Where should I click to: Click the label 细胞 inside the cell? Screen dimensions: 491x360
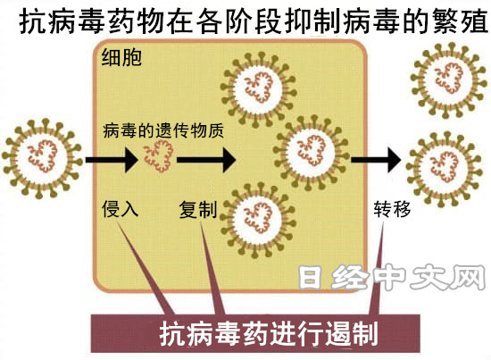tap(121, 57)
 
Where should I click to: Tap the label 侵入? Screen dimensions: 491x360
tap(120, 209)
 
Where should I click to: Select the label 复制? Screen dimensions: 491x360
tap(198, 209)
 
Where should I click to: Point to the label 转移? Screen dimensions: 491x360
tap(392, 209)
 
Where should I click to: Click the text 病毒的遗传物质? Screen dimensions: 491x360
tap(163, 130)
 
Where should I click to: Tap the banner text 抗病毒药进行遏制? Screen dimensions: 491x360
tap(269, 334)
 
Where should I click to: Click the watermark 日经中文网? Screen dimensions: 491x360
tap(392, 277)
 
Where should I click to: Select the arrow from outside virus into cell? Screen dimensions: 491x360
tap(112, 160)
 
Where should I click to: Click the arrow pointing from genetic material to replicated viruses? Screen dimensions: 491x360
tap(206, 160)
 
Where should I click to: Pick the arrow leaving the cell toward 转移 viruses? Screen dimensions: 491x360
tap(376, 160)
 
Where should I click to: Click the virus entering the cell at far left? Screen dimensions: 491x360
tap(43, 159)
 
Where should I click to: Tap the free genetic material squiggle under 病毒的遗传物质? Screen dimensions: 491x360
tap(159, 155)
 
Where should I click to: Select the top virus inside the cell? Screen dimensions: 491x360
tap(259, 90)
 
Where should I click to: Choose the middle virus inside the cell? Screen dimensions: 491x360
tap(312, 153)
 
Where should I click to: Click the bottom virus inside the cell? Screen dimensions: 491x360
tap(259, 221)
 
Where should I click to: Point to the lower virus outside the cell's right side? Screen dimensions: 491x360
tap(445, 170)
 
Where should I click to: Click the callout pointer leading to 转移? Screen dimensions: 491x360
tap(377, 270)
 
